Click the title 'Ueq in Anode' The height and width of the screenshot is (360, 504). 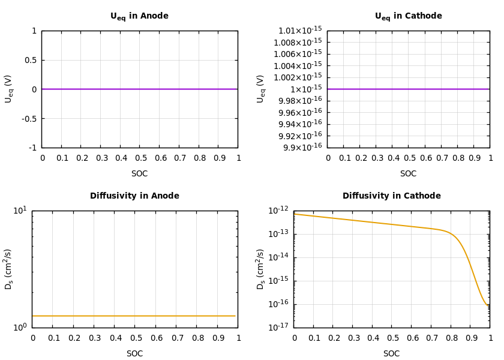pos(139,16)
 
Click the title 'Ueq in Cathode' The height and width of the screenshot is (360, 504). pos(408,16)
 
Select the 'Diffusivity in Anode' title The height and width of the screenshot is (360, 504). pos(134,196)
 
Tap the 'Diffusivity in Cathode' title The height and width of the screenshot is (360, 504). pos(391,196)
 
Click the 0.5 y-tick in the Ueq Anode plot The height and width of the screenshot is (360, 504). pos(31,60)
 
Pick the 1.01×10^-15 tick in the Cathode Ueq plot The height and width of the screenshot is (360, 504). pos(300,31)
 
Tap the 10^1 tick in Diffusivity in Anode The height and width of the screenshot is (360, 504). pos(20,210)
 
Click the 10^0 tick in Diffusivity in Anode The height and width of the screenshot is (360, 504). pos(20,327)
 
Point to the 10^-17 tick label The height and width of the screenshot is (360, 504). pos(278,327)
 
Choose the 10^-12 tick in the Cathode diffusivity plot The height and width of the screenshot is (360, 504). pos(278,210)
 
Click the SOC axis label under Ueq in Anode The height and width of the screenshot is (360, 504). pos(139,173)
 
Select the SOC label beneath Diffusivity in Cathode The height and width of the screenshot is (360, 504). pos(391,353)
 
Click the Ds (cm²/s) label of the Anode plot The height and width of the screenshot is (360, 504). pos(8,269)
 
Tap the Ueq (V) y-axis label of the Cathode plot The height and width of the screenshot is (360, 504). pos(260,89)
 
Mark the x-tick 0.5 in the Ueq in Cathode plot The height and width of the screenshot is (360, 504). pos(410,158)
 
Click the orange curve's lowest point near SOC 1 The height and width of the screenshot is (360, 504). pos(487,305)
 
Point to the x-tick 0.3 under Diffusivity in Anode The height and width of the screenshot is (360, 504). pos(94,338)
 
